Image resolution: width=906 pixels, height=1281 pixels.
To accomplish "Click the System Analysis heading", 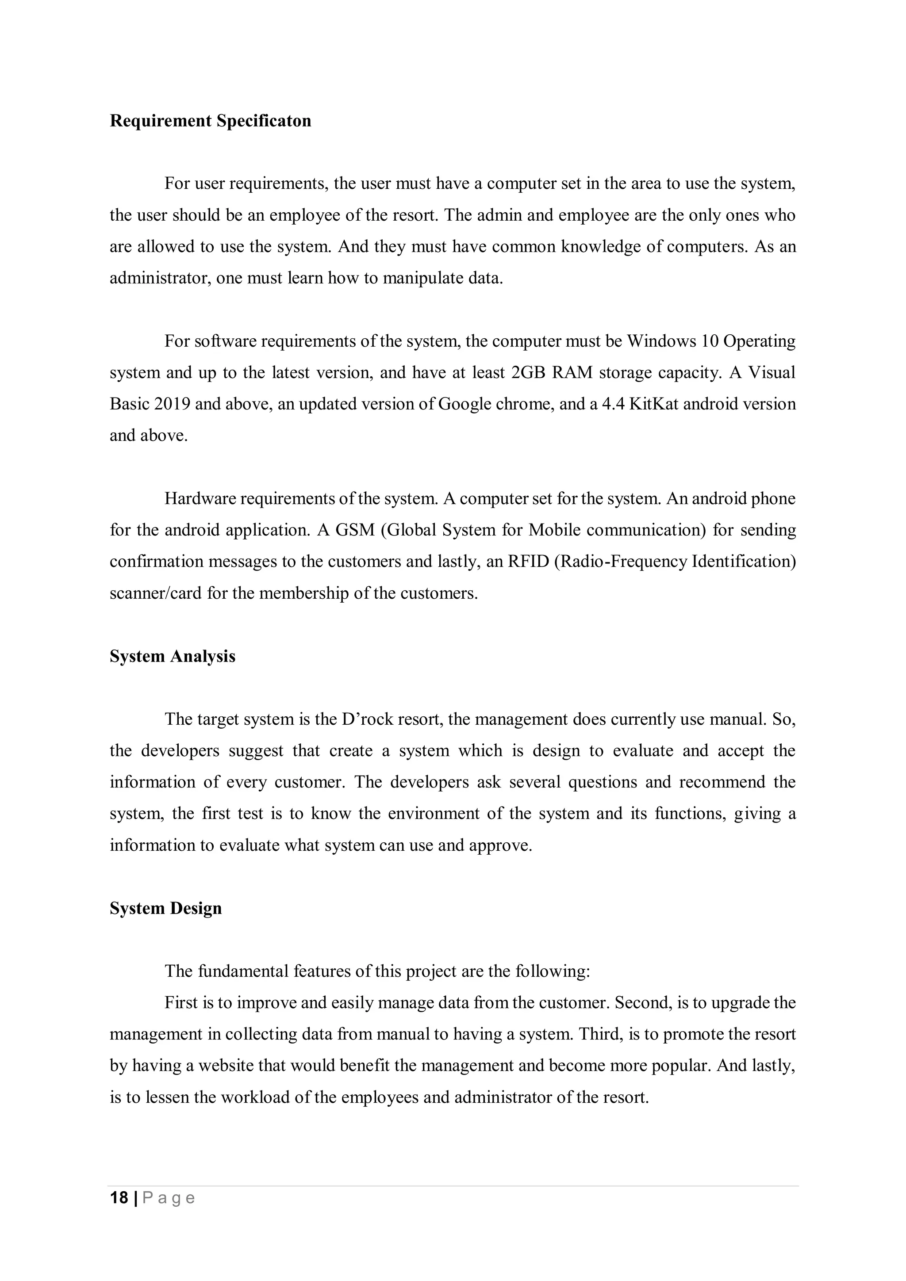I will (172, 656).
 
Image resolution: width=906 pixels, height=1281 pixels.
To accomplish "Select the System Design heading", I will (165, 908).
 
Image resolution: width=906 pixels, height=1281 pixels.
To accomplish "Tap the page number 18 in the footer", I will (119, 1198).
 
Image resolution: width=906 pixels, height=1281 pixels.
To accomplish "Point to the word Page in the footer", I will (169, 1198).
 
